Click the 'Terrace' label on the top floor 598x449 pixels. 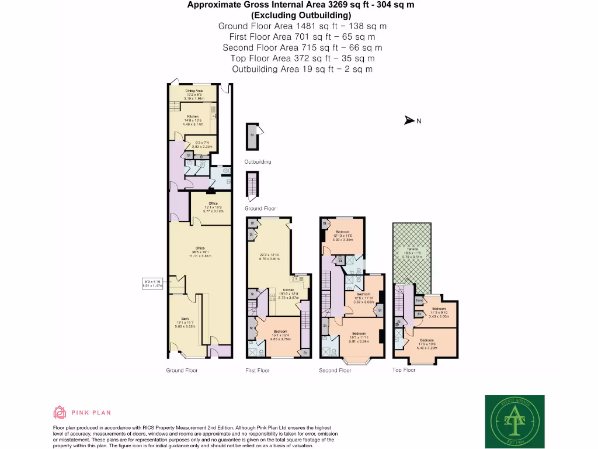[412, 250]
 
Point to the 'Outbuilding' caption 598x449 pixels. [258, 162]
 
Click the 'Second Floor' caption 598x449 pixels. [335, 370]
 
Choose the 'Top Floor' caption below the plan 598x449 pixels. [404, 369]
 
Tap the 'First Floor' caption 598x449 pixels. [258, 370]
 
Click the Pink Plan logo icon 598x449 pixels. [60, 413]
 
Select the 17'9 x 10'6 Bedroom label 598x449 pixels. [427, 342]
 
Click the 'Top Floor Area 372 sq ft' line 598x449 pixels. [302, 58]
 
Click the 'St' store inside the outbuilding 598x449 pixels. [252, 134]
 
